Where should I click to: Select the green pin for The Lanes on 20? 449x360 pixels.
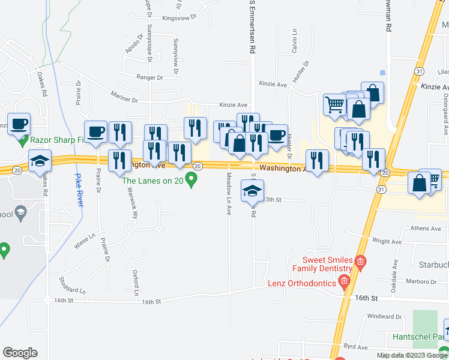click(191, 179)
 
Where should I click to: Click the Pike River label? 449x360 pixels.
click(79, 190)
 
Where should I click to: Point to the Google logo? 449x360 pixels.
click(20, 353)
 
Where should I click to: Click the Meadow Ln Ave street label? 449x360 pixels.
click(229, 194)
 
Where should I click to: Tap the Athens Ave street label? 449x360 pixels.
click(425, 229)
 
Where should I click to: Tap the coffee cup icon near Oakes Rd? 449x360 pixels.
click(19, 123)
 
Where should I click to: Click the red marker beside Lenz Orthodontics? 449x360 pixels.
click(344, 281)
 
